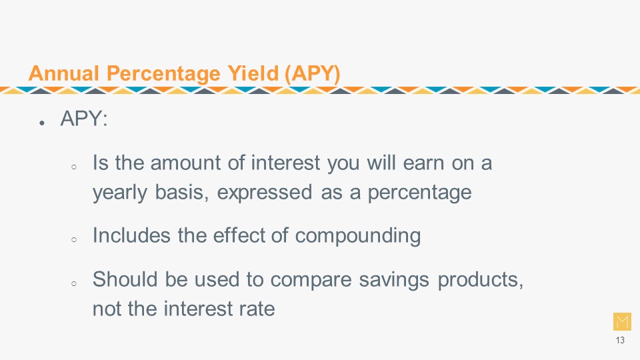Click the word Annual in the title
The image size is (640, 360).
(x=64, y=73)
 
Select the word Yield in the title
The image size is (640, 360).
(x=253, y=73)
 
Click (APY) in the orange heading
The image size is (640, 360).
(x=312, y=74)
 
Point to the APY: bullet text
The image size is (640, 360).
(x=84, y=119)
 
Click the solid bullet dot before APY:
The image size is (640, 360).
(x=41, y=123)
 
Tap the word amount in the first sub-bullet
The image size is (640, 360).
(x=186, y=163)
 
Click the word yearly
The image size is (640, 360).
(x=119, y=192)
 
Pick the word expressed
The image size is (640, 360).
(x=265, y=193)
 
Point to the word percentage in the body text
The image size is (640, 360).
(x=419, y=193)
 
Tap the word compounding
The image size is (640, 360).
(x=358, y=236)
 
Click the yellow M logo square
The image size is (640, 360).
(x=622, y=321)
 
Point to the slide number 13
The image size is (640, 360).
(x=620, y=340)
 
